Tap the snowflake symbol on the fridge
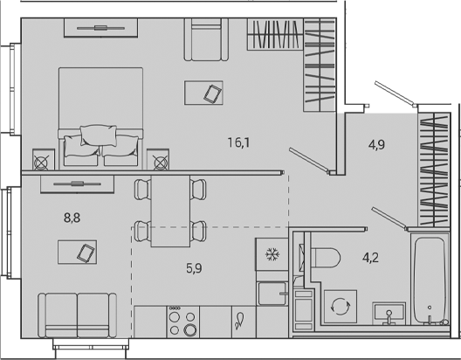(271, 255)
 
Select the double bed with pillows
(100, 114)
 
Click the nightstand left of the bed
(41, 162)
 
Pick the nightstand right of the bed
(160, 162)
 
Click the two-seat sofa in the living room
(77, 313)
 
